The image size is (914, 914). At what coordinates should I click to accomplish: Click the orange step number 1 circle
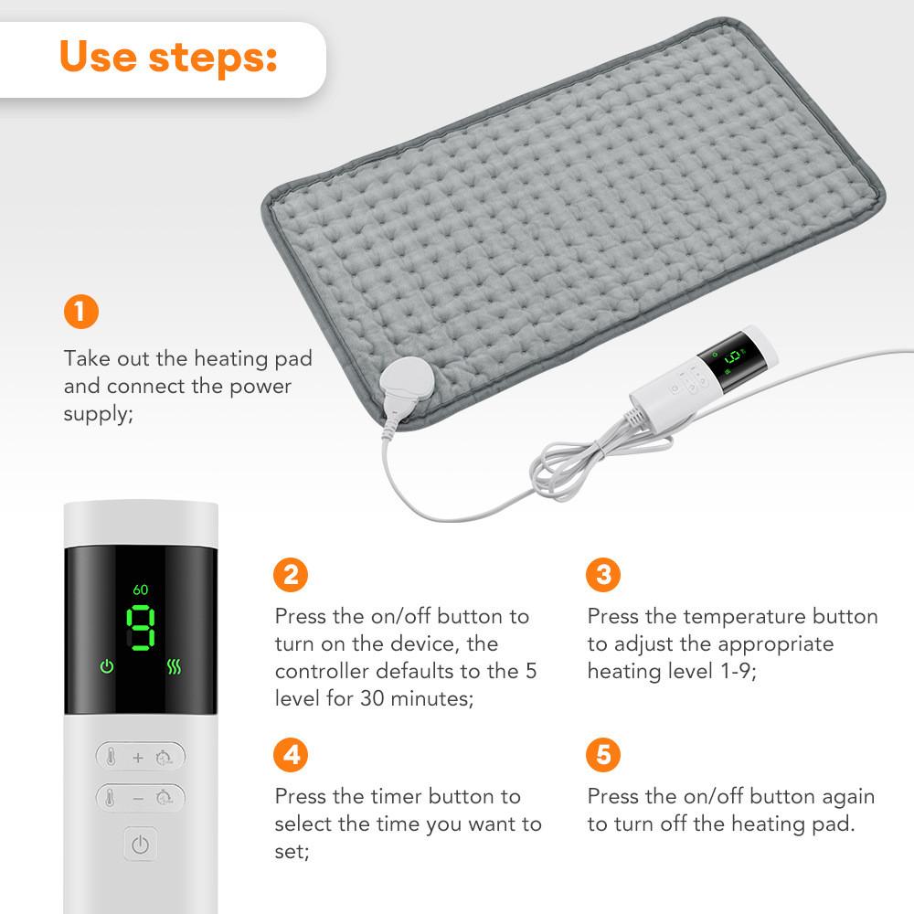point(81,312)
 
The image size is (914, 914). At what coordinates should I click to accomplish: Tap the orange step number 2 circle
point(292,575)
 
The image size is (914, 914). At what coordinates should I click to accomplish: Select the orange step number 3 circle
point(603,575)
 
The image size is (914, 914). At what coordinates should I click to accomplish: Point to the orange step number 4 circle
point(292,755)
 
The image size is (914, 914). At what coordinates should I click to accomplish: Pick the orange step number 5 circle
point(603,755)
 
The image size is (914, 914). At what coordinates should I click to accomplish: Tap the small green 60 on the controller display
point(140,590)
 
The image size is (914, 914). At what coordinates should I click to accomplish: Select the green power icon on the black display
point(107,667)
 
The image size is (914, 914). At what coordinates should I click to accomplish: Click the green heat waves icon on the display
point(174,667)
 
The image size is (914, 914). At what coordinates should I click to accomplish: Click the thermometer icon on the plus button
point(111,757)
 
